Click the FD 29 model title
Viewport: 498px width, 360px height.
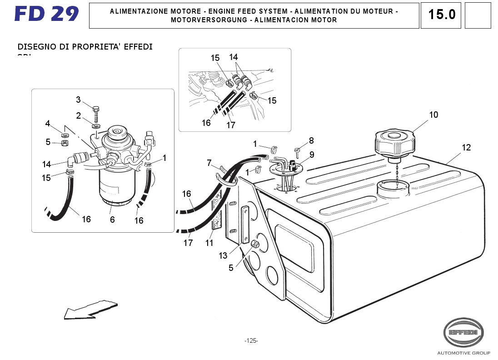click(46, 14)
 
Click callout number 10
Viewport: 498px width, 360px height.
click(433, 115)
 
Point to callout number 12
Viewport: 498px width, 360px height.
click(466, 148)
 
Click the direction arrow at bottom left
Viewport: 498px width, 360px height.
click(91, 309)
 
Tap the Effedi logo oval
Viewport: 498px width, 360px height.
click(463, 332)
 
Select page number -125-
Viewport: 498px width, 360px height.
click(251, 341)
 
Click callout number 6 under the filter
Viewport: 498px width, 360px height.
click(112, 220)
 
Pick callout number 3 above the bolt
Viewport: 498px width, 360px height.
click(78, 100)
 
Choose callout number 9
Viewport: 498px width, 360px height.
click(312, 155)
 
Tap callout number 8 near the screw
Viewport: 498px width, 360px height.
click(311, 141)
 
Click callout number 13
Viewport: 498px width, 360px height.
click(223, 256)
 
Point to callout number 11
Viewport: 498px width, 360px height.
click(209, 243)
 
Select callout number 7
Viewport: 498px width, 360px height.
click(209, 163)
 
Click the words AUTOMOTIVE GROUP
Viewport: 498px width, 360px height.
click(463, 353)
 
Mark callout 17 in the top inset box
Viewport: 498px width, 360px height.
click(231, 125)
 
